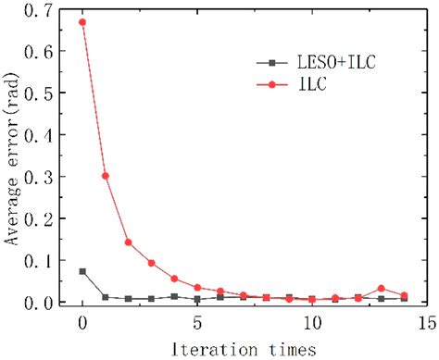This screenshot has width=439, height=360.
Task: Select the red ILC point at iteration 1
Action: [x=106, y=175]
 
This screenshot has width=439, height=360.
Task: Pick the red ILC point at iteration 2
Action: [x=128, y=242]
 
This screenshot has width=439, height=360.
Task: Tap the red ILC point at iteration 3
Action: [x=151, y=263]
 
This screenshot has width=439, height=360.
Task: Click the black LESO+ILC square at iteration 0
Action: [x=82, y=271]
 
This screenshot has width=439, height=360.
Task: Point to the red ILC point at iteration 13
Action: [x=381, y=289]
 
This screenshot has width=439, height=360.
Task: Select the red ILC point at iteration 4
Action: [x=174, y=279]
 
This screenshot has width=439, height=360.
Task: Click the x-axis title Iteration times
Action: [x=254, y=349]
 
